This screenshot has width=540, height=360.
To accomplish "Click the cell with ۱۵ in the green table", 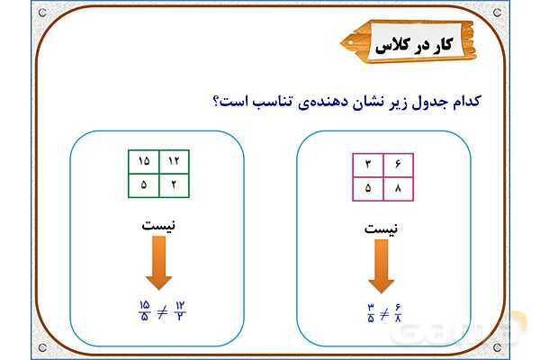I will click(x=143, y=161).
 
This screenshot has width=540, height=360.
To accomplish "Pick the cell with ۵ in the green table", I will click(x=143, y=185).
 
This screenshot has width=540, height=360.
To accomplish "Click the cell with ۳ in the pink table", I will click(x=368, y=165).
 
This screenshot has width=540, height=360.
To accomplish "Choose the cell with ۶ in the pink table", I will click(x=398, y=165).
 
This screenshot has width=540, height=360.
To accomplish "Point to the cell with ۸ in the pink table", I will click(x=398, y=189).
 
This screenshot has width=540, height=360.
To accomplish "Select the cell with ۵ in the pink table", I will click(x=368, y=189).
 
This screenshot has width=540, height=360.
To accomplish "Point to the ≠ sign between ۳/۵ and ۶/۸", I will click(x=383, y=315).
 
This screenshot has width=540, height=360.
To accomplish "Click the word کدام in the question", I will click(x=485, y=100).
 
